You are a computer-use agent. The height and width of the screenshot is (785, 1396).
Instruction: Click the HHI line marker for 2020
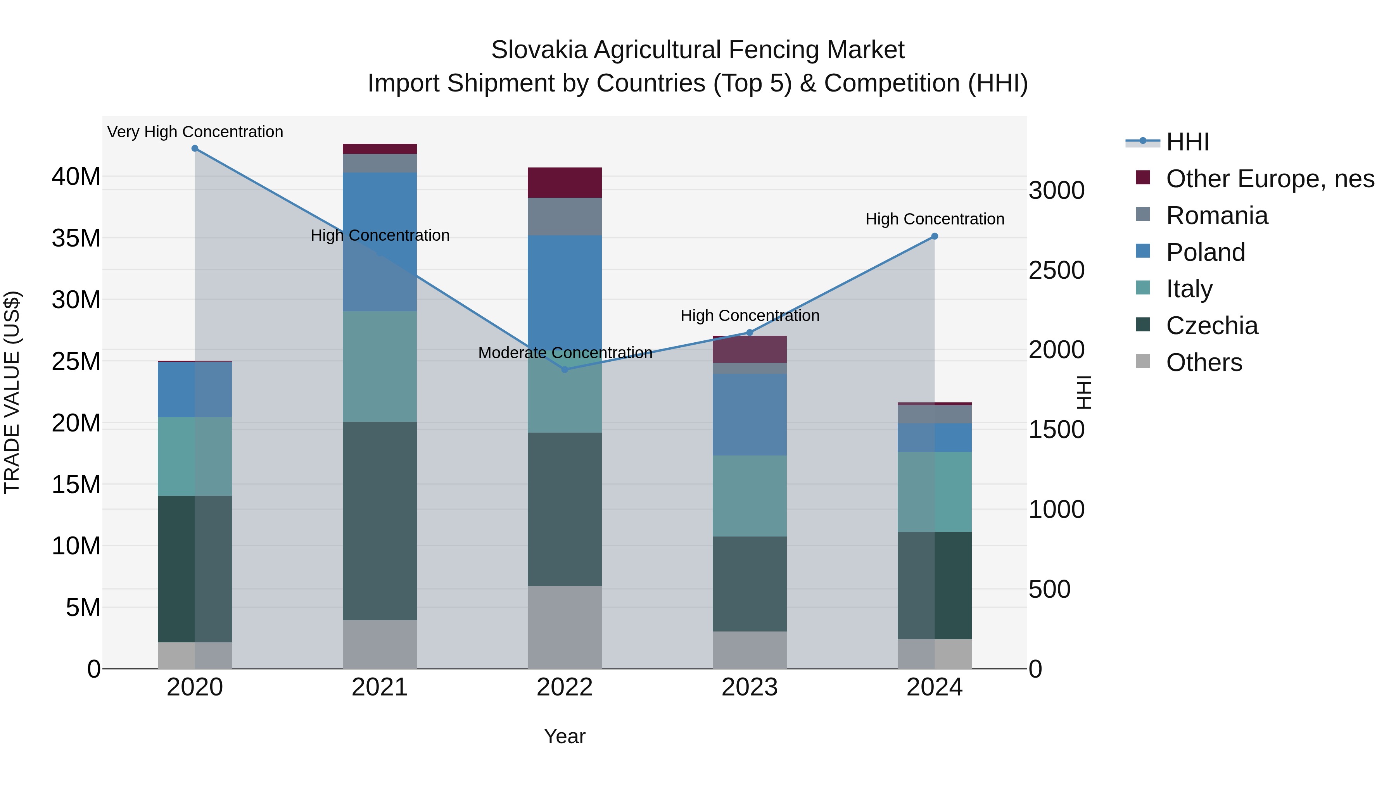[x=195, y=148]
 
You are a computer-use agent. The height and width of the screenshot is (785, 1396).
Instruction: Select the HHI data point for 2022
[x=565, y=369]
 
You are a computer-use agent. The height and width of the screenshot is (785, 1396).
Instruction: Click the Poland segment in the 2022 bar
[x=565, y=287]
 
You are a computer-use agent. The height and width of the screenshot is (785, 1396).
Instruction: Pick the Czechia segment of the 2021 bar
[x=380, y=520]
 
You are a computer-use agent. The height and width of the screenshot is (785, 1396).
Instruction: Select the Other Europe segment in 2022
[x=565, y=183]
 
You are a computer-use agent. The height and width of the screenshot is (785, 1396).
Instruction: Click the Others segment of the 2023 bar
[x=750, y=650]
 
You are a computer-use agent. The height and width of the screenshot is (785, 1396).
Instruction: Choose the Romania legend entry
[x=1216, y=216]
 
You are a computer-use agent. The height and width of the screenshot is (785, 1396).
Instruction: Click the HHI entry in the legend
[x=1187, y=142]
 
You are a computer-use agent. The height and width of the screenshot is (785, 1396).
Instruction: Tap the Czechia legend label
[x=1212, y=326]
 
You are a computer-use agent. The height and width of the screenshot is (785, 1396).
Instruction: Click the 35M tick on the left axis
[x=76, y=238]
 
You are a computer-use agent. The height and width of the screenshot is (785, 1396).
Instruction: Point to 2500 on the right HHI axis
[x=1057, y=270]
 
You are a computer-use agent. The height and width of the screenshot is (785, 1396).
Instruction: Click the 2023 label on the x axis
[x=750, y=687]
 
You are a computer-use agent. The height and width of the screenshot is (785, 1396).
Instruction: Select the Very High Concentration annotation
[x=195, y=132]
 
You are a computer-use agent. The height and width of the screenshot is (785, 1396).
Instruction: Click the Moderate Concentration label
[x=565, y=353]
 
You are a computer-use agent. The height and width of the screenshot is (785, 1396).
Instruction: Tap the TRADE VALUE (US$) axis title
[x=12, y=392]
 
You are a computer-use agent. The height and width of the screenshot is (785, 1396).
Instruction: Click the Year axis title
[x=565, y=736]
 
